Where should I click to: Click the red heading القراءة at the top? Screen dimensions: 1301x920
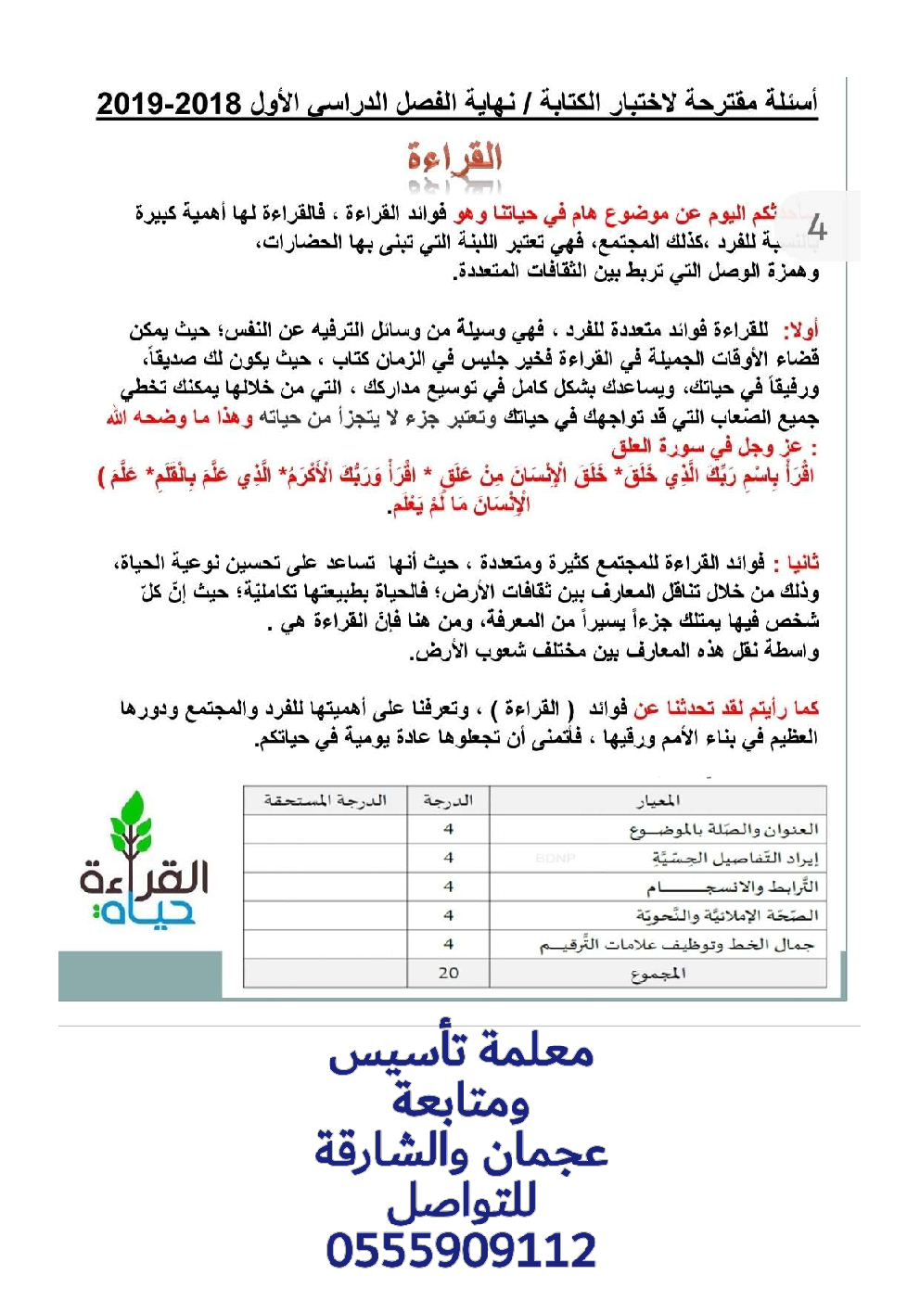[x=454, y=159]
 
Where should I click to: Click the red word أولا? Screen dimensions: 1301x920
[x=800, y=330]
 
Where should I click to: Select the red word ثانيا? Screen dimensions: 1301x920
[x=802, y=563]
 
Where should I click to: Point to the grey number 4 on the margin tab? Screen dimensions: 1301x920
[x=817, y=227]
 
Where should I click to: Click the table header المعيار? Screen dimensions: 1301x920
[x=658, y=800]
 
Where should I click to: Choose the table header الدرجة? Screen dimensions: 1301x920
[x=448, y=800]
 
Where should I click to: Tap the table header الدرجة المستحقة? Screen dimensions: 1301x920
[x=325, y=800]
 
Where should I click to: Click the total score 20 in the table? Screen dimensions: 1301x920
[x=448, y=973]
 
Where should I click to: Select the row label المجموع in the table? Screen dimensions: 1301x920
[x=658, y=974]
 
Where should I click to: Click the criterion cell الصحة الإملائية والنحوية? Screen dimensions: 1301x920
[x=727, y=916]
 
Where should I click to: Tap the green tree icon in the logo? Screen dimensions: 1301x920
[x=132, y=823]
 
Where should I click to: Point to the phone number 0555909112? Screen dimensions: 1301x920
[x=461, y=1250]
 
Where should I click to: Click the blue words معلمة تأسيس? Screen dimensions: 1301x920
[x=461, y=1051]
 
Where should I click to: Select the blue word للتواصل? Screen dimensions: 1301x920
[x=461, y=1202]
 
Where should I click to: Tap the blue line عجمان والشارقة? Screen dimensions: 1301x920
[x=461, y=1152]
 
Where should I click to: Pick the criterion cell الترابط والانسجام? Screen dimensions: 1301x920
[x=733, y=887]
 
